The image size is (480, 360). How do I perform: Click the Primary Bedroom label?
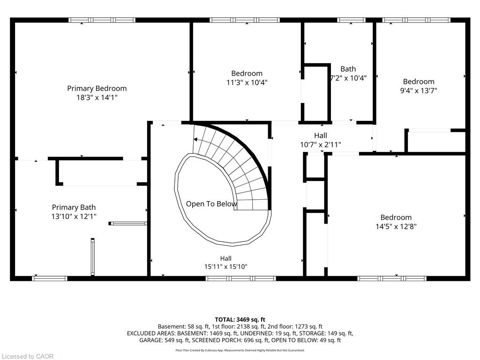coord(97,89)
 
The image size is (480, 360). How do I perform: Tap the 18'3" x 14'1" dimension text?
coord(97,97)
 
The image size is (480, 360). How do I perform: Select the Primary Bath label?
coord(74,207)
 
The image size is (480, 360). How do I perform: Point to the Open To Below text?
coord(211,204)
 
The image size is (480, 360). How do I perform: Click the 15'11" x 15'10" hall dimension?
coord(225,267)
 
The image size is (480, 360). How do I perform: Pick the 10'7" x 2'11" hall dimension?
coord(321,144)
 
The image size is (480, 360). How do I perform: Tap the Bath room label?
coord(348,69)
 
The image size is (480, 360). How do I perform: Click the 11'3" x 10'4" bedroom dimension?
coord(247,82)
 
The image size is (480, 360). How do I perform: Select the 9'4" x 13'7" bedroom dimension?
coord(419,90)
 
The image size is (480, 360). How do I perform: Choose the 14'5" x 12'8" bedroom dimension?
coord(396,226)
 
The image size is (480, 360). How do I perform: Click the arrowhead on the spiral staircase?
coord(195,140)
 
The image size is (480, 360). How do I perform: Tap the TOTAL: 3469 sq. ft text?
coord(240,320)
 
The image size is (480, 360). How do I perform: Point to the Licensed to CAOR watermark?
coord(28,356)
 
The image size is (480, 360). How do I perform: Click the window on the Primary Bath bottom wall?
coord(50,278)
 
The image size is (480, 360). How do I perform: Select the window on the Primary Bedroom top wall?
coord(102,20)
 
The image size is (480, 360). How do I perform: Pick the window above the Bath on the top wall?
coord(351,20)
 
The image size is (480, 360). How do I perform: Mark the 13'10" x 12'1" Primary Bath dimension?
coord(74,217)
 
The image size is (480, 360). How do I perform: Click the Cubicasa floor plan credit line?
coord(240,350)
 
